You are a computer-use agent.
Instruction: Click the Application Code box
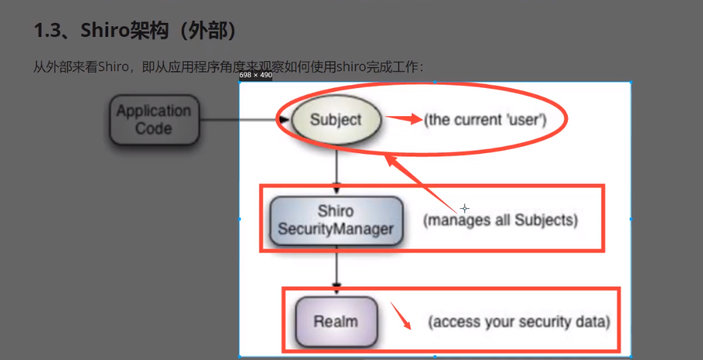pyautogui.click(x=154, y=120)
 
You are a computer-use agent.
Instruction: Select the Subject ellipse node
pyautogui.click(x=336, y=120)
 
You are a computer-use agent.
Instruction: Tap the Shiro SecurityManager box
pyautogui.click(x=335, y=220)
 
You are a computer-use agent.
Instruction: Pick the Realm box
pyautogui.click(x=336, y=321)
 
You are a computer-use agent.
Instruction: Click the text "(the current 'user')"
pyautogui.click(x=485, y=120)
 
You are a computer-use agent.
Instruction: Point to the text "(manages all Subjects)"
pyautogui.click(x=500, y=220)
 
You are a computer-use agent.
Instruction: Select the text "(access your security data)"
pyautogui.click(x=519, y=322)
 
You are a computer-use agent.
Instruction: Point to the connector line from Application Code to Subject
pyautogui.click(x=239, y=120)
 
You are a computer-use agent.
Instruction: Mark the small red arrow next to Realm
pyautogui.click(x=401, y=315)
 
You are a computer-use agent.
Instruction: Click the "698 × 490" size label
pyautogui.click(x=256, y=75)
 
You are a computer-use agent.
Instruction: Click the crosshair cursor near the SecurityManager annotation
pyautogui.click(x=464, y=208)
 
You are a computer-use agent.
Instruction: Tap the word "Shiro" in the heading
pyautogui.click(x=104, y=30)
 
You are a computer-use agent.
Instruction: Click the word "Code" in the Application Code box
pyautogui.click(x=154, y=128)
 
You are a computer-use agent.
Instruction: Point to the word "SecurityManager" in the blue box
pyautogui.click(x=335, y=228)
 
